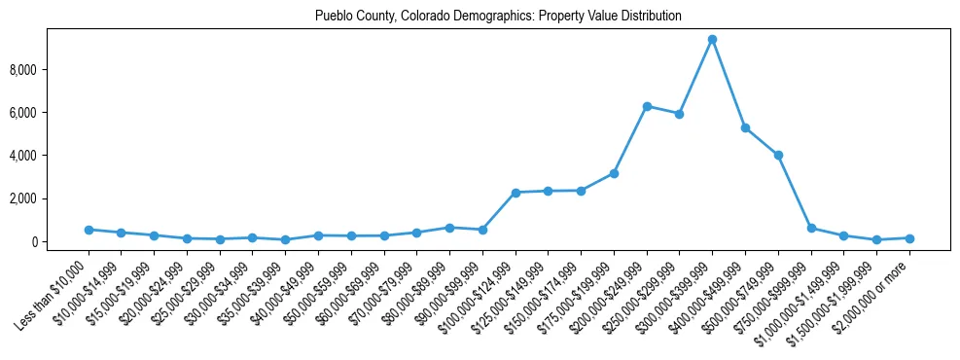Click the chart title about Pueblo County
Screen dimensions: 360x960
coord(498,17)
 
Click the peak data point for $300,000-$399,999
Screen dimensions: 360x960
coord(712,40)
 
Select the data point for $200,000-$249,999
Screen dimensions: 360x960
coord(647,106)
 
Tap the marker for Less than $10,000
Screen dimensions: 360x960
coord(89,230)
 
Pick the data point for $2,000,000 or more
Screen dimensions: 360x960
coord(909,238)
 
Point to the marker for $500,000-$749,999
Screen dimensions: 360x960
coord(778,155)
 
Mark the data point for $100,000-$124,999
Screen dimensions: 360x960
coord(516,193)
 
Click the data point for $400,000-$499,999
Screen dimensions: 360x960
coord(745,127)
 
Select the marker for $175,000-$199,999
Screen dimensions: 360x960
coord(614,173)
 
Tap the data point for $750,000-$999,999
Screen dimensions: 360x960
coord(811,228)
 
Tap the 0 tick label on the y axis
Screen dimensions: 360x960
coord(60,241)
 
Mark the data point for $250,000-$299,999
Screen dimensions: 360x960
coord(679,114)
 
